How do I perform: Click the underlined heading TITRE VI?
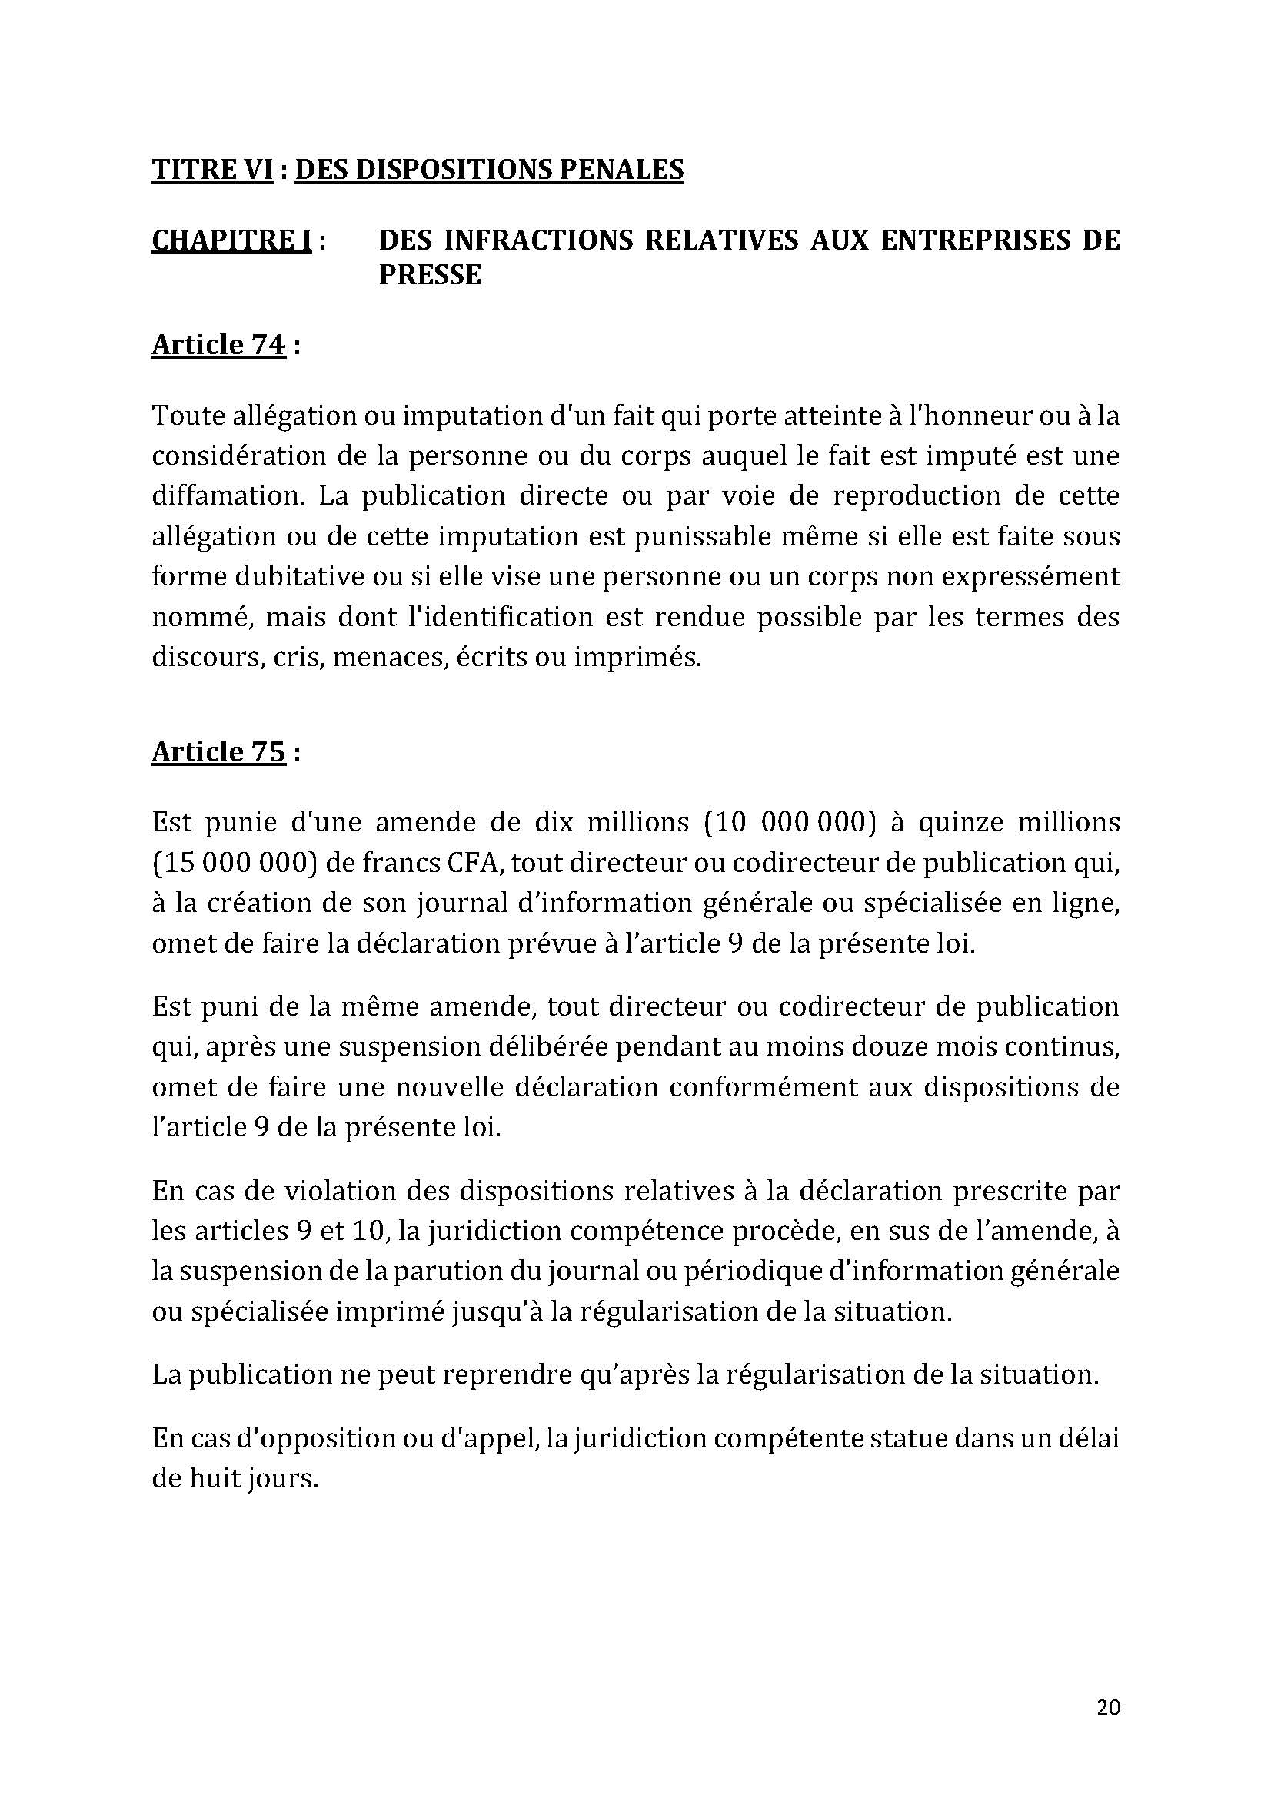point(211,170)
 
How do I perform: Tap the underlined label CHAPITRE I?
point(231,240)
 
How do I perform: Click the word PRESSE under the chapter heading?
point(429,275)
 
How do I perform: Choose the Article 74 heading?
point(218,345)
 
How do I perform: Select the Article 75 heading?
point(218,752)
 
